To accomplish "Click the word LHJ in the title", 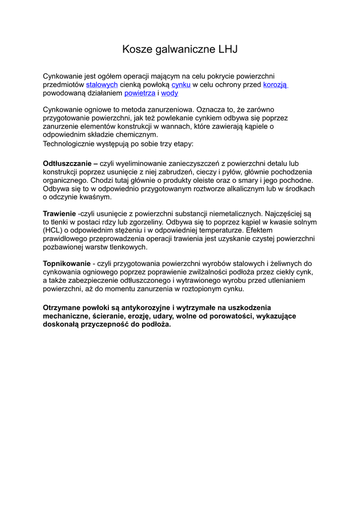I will (227, 49).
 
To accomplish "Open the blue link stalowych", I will (102, 85).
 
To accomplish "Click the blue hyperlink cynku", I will (181, 85).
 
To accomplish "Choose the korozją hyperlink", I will (275, 85).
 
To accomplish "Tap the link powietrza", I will (140, 93).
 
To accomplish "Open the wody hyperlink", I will (170, 93).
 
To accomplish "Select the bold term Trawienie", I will (59, 213).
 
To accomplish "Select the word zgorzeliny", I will (146, 222).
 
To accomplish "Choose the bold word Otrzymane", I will (62, 308).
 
